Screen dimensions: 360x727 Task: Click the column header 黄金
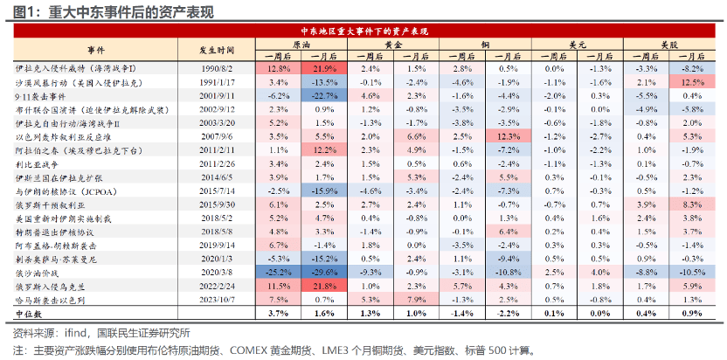pyautogui.click(x=393, y=43)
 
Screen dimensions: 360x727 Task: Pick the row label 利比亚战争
pyautogui.click(x=39, y=163)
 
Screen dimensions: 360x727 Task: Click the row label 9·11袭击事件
pyautogui.click(x=44, y=95)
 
